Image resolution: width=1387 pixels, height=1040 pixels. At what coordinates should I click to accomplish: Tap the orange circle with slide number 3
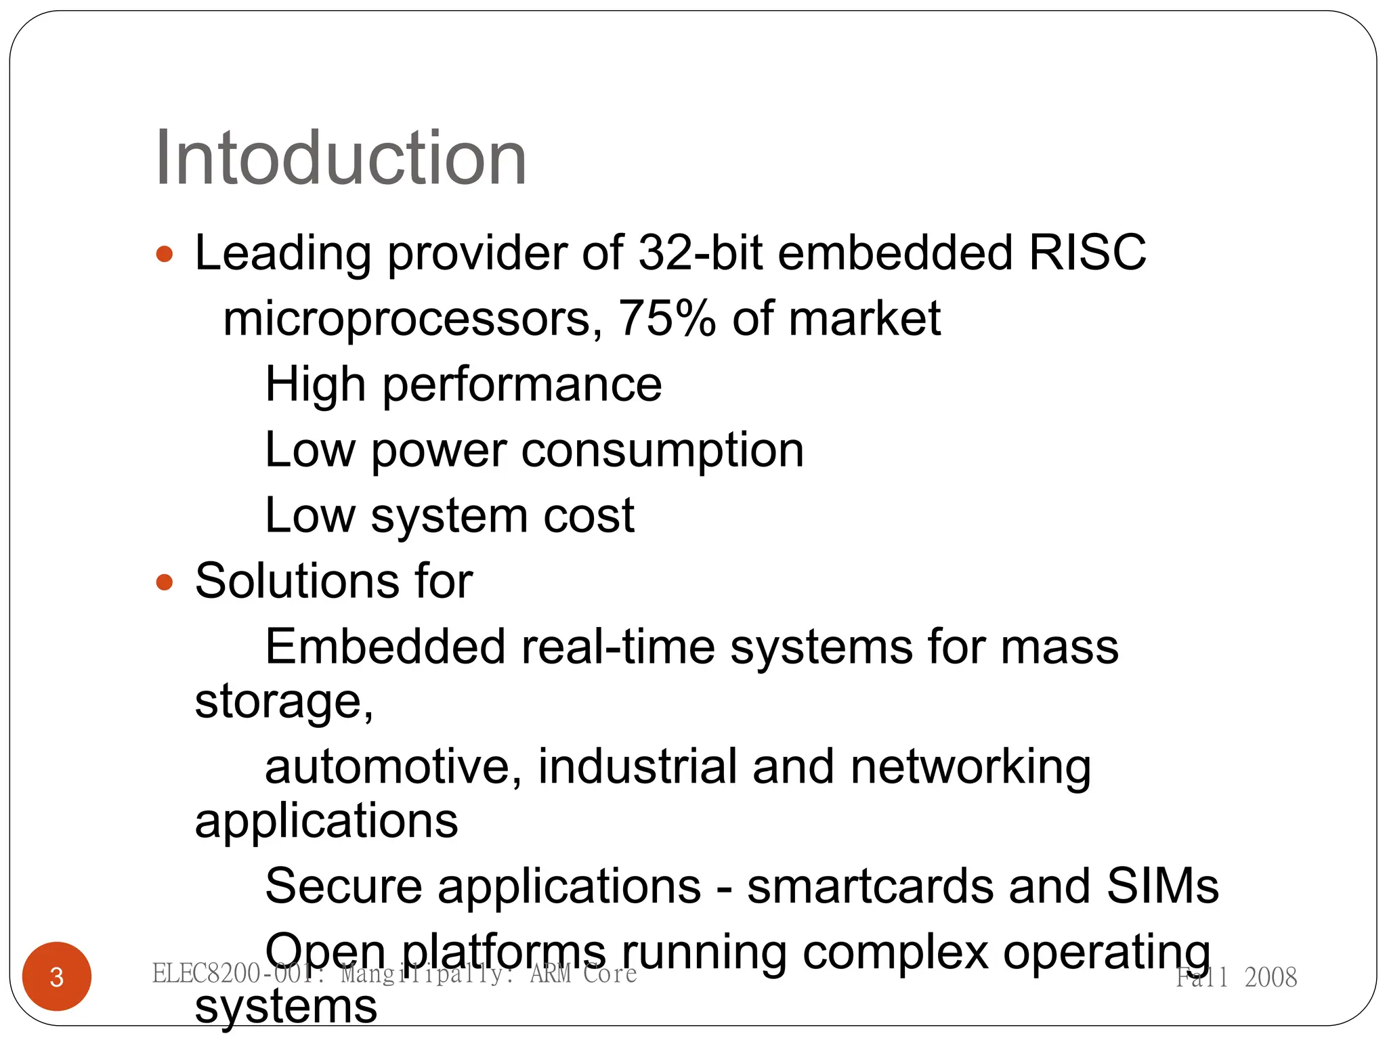tap(57, 976)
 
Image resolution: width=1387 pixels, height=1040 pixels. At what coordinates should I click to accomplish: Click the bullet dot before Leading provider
tap(165, 255)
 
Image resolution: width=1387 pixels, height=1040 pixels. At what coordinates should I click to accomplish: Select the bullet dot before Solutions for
tap(165, 582)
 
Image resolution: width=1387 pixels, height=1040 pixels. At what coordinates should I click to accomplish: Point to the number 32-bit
tap(700, 253)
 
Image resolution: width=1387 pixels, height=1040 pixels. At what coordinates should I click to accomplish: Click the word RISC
tap(1087, 253)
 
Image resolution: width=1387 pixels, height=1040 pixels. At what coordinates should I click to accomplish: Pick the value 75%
tap(666, 318)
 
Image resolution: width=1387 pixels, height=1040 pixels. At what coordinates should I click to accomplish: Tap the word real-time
tap(618, 647)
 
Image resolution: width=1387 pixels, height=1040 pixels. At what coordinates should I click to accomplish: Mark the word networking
tap(970, 768)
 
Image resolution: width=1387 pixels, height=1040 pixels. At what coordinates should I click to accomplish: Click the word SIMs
tap(1162, 886)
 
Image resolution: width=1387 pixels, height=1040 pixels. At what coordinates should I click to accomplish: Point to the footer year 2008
tap(1271, 977)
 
